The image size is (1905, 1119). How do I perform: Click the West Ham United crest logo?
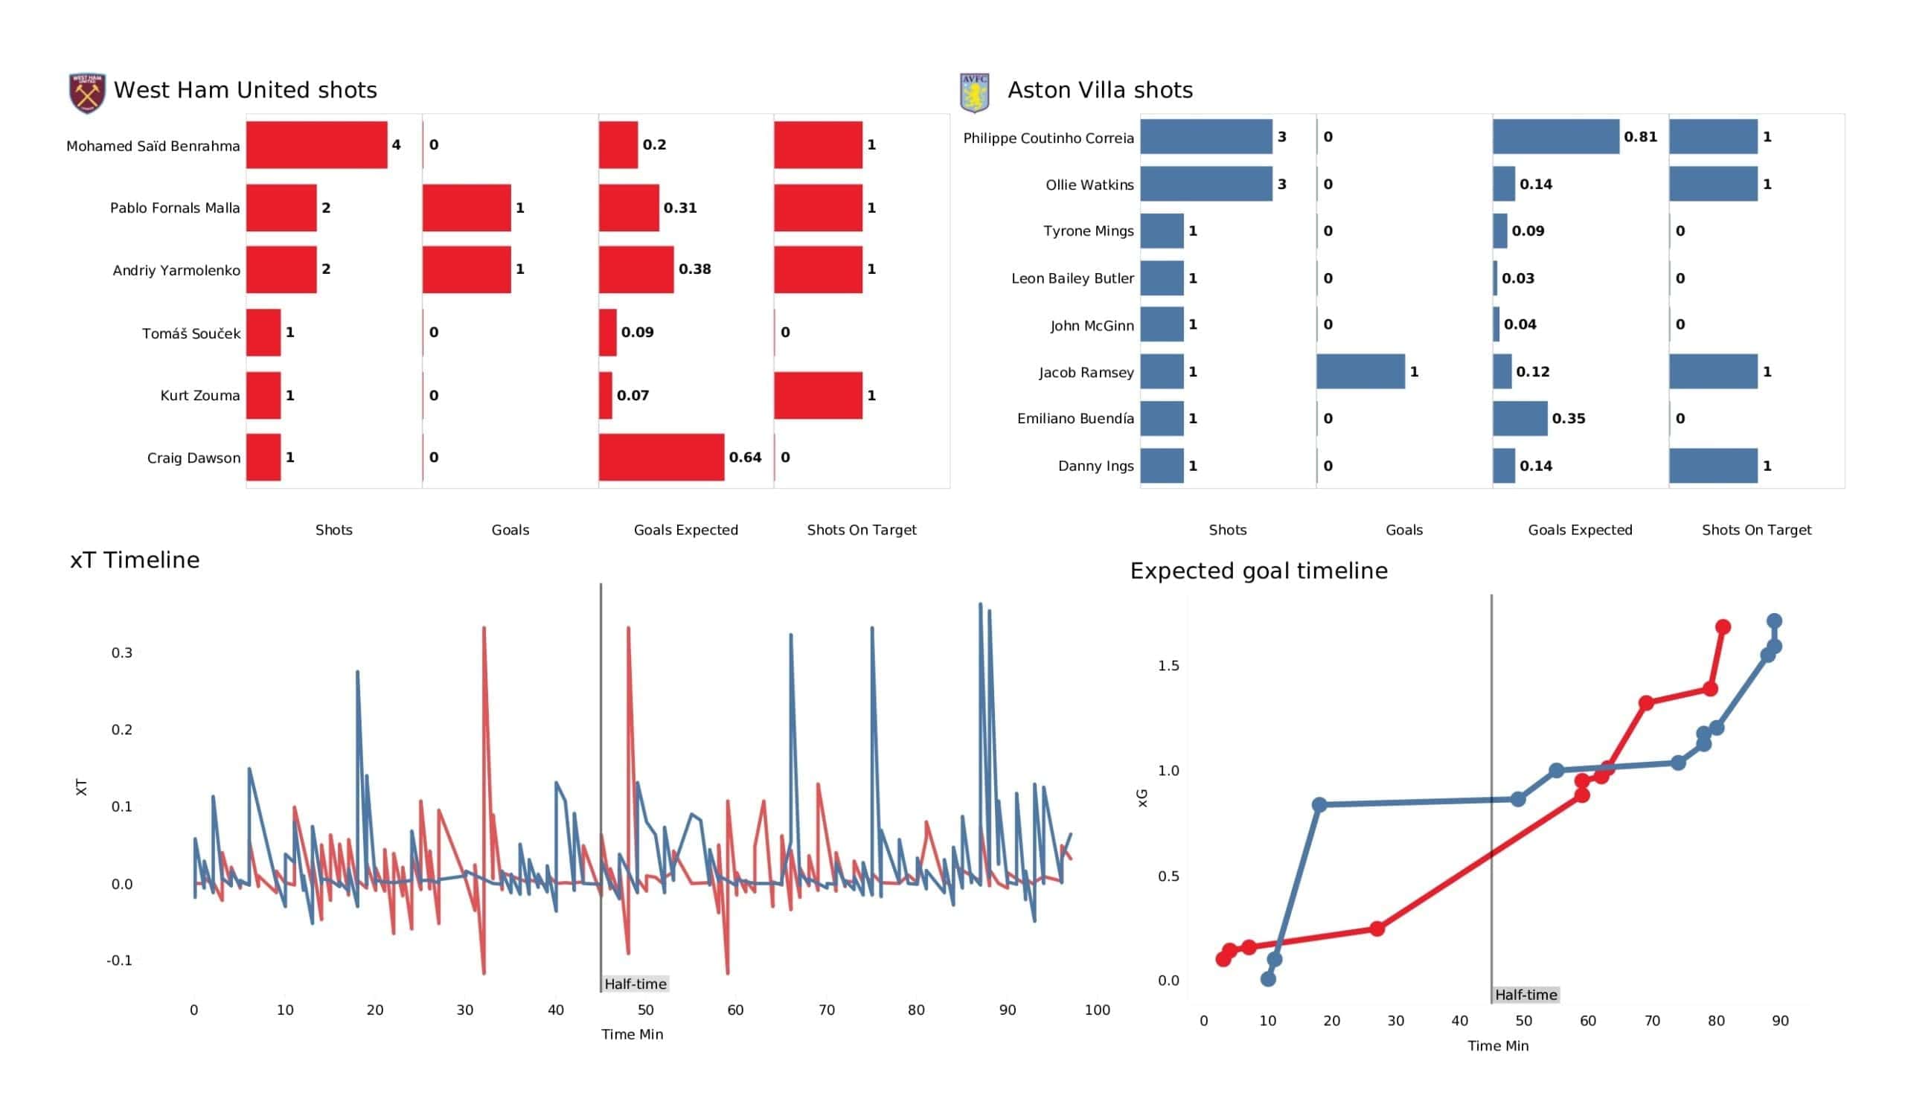87,93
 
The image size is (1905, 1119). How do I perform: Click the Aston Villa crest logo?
974,93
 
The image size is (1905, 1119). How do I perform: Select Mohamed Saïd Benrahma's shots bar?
317,144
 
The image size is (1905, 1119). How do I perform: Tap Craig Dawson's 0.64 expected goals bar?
661,458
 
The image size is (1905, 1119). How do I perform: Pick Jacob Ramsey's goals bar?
1360,372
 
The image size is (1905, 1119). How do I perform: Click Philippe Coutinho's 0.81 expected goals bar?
1555,137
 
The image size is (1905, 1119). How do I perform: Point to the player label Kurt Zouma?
199,395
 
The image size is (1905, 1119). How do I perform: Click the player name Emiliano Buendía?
1075,419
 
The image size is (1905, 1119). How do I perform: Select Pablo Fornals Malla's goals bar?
467,208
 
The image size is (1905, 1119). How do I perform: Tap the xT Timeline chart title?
135,560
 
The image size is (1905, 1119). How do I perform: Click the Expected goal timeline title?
1258,571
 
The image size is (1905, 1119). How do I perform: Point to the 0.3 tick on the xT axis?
122,653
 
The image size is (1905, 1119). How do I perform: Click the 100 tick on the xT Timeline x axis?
1097,1010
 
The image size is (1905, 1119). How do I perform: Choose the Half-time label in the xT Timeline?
635,984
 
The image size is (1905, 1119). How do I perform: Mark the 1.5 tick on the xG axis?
1168,665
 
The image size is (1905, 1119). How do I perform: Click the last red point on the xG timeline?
1723,626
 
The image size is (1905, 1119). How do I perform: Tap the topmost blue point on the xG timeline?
1774,621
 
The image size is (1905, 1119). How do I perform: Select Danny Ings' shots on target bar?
1713,466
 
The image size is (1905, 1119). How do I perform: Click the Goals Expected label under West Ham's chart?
685,530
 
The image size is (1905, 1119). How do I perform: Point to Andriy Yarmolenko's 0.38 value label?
695,269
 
